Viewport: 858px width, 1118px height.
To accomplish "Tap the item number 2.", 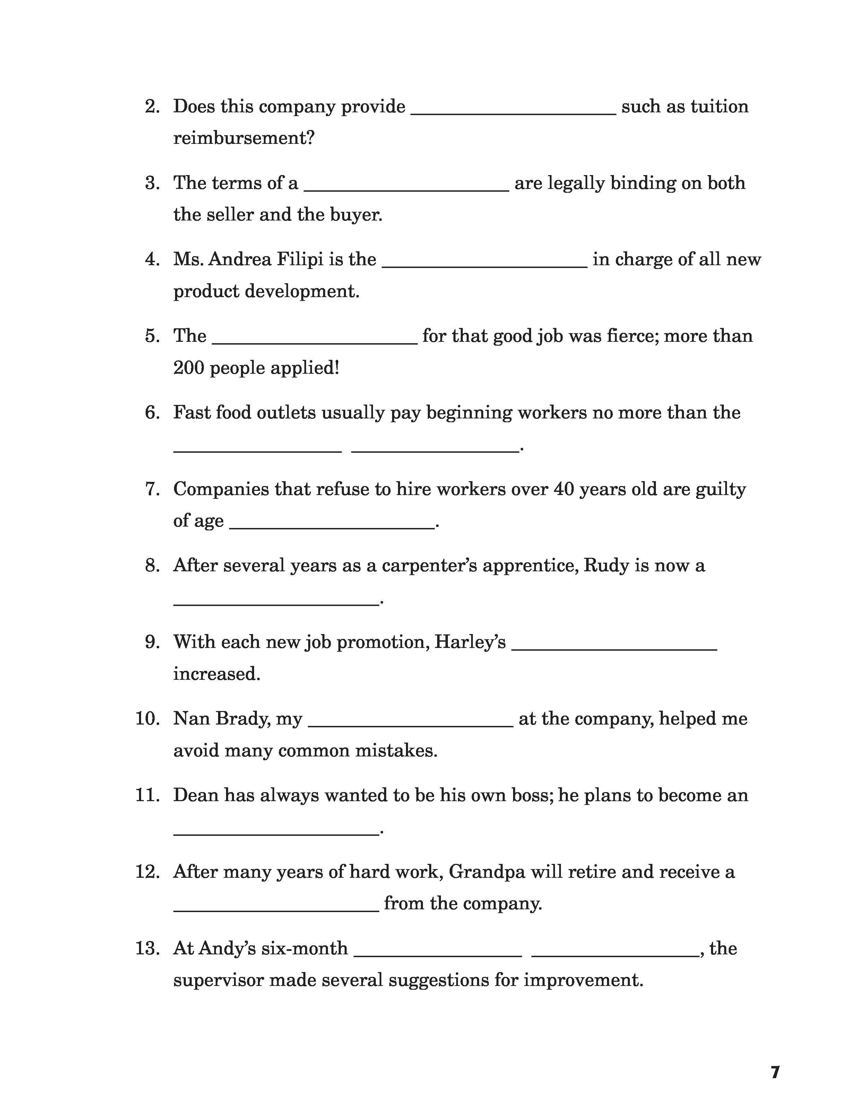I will coord(152,107).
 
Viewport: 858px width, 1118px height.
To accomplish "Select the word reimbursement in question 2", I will coord(244,138).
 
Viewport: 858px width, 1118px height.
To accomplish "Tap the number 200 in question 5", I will coord(189,368).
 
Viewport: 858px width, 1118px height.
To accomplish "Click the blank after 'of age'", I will coord(332,527).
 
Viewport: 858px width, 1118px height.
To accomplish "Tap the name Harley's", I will coord(470,642).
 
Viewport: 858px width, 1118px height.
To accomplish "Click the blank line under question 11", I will coord(276,833).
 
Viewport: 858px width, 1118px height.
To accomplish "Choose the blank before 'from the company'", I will coord(276,910).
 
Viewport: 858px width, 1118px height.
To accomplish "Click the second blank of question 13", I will coord(615,955).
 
